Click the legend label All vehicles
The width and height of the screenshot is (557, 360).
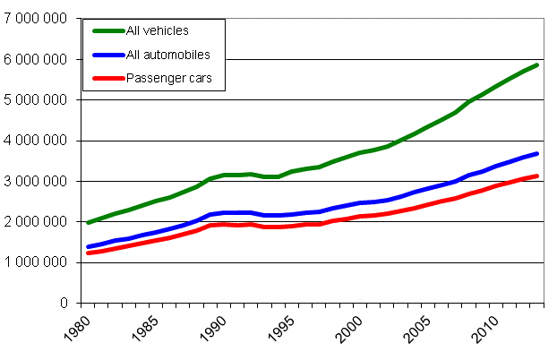158,31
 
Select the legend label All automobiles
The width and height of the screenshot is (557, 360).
167,56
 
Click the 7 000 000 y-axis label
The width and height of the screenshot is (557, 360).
37,19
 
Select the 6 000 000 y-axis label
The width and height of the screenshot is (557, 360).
37,59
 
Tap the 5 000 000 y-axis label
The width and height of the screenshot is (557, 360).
37,99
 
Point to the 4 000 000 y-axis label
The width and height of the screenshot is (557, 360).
37,141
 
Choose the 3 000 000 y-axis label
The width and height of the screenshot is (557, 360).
37,181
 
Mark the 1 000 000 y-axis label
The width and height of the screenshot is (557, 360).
37,262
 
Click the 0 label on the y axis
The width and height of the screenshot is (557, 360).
66,303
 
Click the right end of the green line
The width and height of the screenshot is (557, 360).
537,64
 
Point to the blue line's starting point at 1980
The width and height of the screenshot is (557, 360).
88,247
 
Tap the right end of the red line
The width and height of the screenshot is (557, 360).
537,176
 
